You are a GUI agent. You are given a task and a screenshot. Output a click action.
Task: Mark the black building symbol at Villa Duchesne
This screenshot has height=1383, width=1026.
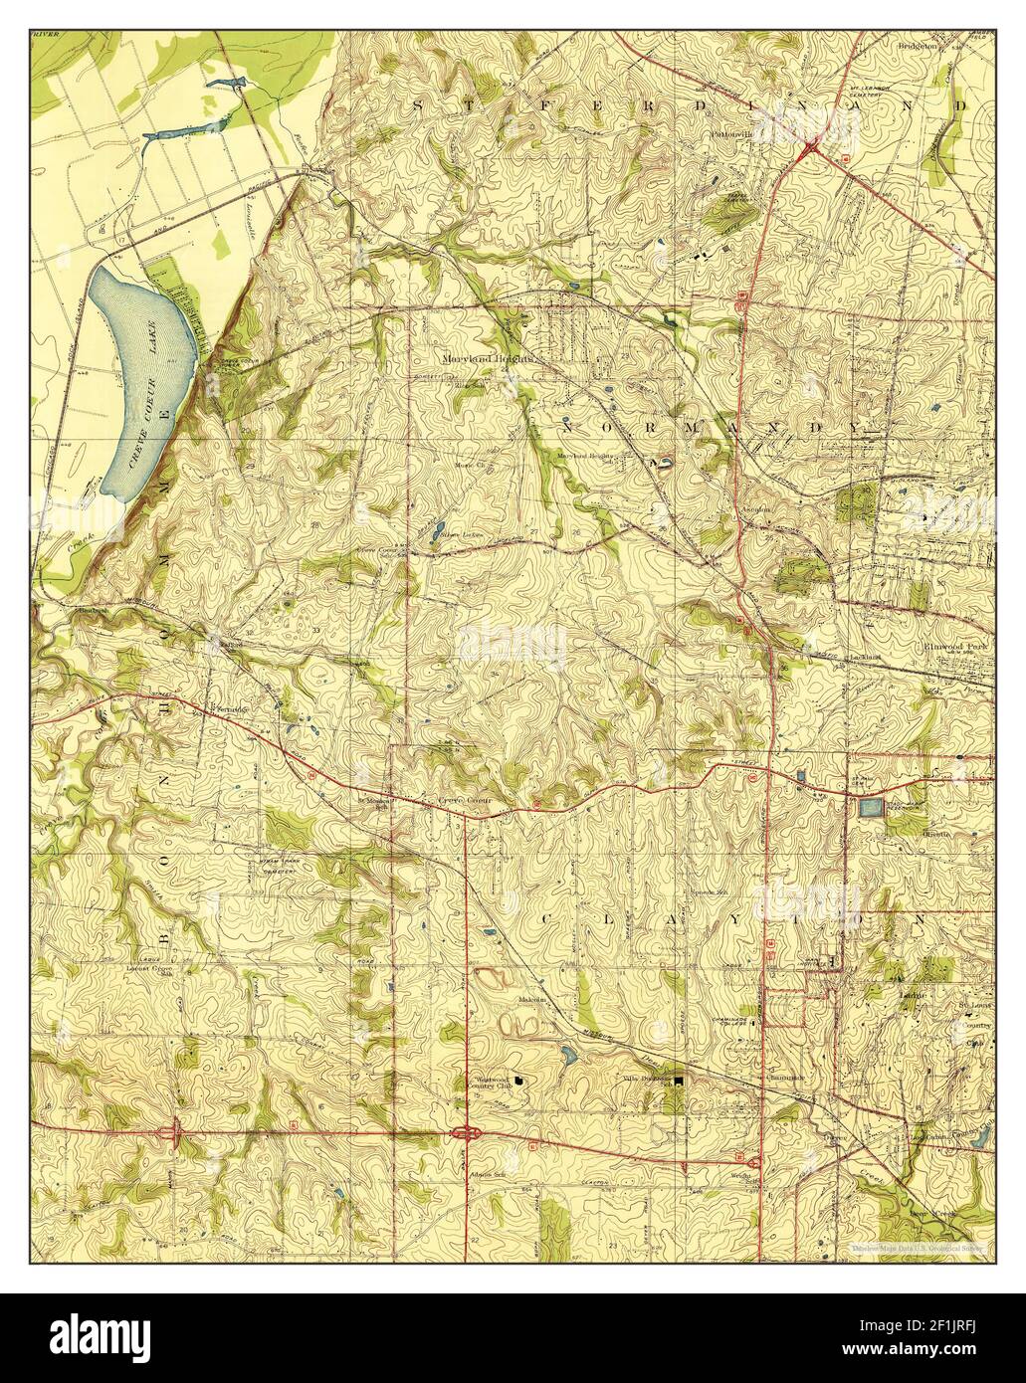(x=680, y=1080)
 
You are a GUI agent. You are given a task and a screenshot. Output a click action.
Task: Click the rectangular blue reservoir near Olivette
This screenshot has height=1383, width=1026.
(x=871, y=807)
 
